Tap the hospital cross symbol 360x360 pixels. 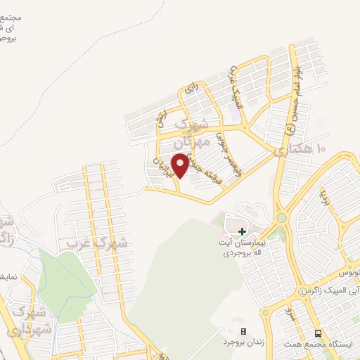pyautogui.click(x=242, y=231)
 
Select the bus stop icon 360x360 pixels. pyautogui.click(x=319, y=333)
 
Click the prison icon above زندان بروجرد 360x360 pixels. pyautogui.click(x=243, y=331)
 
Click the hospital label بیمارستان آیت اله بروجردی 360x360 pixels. pyautogui.click(x=242, y=246)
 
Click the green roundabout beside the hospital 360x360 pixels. pyautogui.click(x=281, y=218)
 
